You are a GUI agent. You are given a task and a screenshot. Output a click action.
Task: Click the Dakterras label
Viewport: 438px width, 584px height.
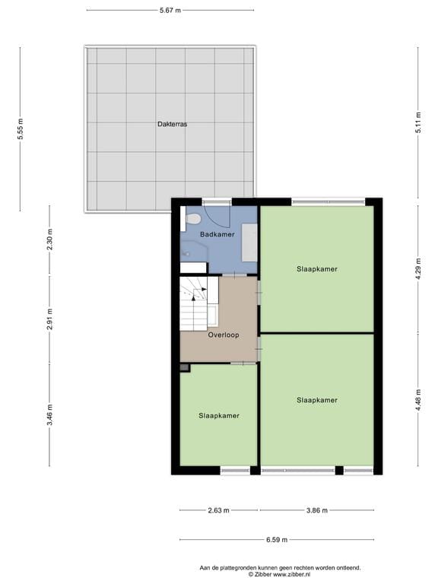(x=173, y=123)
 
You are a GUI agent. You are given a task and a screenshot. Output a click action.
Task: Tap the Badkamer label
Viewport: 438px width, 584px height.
(x=217, y=235)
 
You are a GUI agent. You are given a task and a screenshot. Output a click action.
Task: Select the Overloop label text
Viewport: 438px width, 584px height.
(x=224, y=334)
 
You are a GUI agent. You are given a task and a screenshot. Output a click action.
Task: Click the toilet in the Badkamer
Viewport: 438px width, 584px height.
(x=193, y=219)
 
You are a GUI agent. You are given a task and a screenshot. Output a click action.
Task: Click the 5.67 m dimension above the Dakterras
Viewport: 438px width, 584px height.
(x=170, y=10)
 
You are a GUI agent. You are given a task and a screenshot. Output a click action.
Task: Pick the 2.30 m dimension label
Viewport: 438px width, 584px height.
(x=49, y=240)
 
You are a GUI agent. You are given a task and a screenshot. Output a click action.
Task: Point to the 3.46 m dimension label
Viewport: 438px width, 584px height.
(x=49, y=417)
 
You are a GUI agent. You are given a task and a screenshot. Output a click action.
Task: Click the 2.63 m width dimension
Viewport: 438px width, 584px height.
(x=218, y=510)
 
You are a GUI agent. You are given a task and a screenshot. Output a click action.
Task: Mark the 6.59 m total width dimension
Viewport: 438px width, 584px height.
(x=276, y=540)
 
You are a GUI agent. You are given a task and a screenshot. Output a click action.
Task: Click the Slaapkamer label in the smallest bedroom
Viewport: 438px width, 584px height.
(x=219, y=416)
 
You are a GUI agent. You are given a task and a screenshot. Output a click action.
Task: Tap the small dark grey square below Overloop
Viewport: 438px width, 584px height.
(x=184, y=367)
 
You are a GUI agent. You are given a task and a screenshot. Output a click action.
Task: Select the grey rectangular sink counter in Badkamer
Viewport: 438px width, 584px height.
(x=249, y=243)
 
